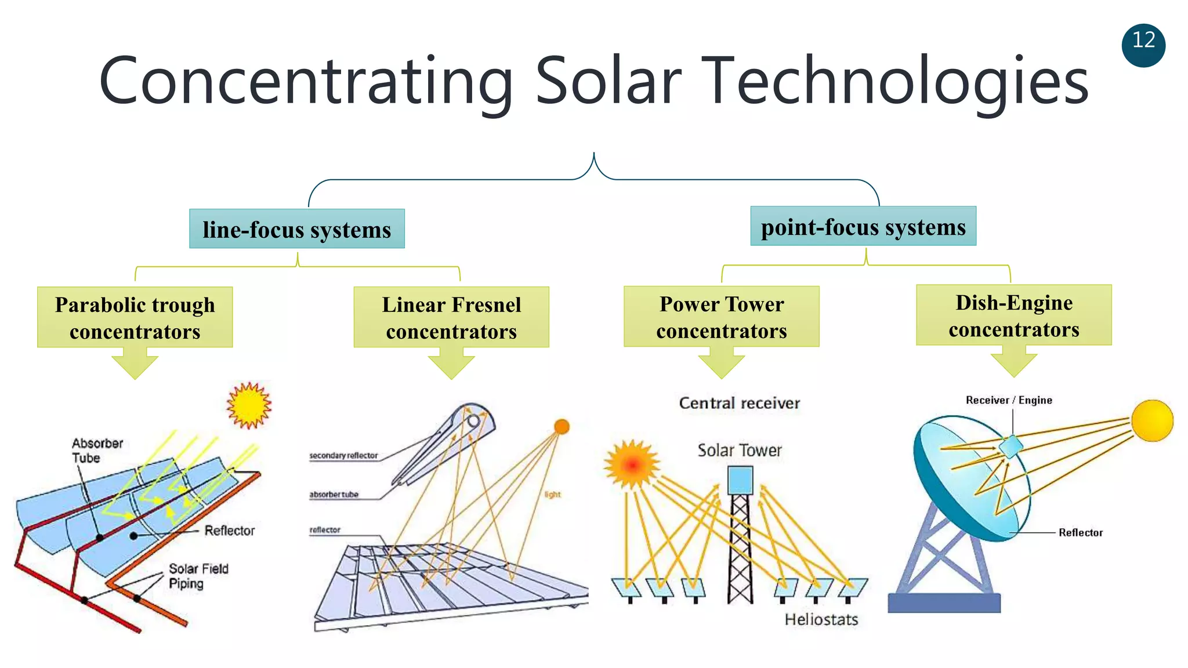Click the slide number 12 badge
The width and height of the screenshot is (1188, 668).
coord(1143,45)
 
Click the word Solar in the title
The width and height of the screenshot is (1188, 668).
coord(607,81)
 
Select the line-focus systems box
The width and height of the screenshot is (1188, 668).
coord(296,229)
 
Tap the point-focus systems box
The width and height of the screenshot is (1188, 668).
coord(863,226)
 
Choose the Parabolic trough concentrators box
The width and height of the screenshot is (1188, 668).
coord(135,317)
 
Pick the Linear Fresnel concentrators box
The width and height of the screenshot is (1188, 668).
coord(451,317)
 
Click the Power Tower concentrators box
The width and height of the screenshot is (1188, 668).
coord(721,317)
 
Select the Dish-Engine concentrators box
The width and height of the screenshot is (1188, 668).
coord(1013,315)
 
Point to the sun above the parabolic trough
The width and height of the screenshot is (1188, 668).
coord(249,405)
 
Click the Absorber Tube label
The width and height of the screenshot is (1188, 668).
coord(96,451)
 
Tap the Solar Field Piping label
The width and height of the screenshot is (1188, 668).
coord(198,576)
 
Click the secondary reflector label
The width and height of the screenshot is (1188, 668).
coord(343,456)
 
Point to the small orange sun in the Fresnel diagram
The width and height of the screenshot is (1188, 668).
coord(561,427)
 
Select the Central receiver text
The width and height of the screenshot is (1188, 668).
coord(739,403)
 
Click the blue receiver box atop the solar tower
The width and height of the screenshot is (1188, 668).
coord(740,480)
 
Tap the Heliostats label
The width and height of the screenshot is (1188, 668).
coord(821,619)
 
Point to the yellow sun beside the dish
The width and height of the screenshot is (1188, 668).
coord(1152,420)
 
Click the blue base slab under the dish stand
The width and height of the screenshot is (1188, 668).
coord(944,603)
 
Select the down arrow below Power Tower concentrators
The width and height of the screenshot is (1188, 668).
coord(721,364)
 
